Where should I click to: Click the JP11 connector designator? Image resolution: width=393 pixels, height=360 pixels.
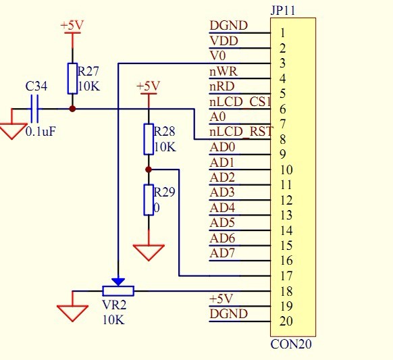[x=283, y=11]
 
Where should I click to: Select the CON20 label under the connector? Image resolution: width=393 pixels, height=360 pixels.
[x=291, y=344]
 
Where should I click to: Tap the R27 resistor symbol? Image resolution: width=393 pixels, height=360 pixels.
[x=72, y=78]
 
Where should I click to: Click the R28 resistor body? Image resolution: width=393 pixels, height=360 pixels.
[x=149, y=139]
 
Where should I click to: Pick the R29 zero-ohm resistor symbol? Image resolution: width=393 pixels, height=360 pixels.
[x=149, y=200]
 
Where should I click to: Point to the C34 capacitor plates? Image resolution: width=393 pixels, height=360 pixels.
[x=34, y=109]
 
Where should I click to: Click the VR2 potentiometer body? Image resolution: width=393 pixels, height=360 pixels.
[x=118, y=291]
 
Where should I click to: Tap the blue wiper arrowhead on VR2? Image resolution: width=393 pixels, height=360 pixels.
[x=118, y=282]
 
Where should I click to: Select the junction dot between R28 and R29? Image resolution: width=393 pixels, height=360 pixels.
[x=149, y=170]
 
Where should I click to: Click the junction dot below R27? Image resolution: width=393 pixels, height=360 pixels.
[x=72, y=109]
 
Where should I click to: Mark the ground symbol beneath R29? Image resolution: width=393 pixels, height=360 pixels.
[x=149, y=253]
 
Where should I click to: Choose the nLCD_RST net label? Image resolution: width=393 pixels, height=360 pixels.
[x=241, y=132]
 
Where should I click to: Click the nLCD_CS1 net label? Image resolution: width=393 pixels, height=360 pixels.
[x=240, y=102]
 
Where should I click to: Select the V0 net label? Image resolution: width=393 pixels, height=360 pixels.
[x=218, y=55]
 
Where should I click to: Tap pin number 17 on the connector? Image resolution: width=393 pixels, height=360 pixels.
[x=286, y=276]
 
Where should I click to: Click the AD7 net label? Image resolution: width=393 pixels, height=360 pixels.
[x=222, y=253]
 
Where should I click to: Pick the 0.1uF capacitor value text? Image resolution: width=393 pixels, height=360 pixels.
[x=41, y=131]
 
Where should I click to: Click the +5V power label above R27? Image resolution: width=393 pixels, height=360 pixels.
[x=72, y=25]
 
